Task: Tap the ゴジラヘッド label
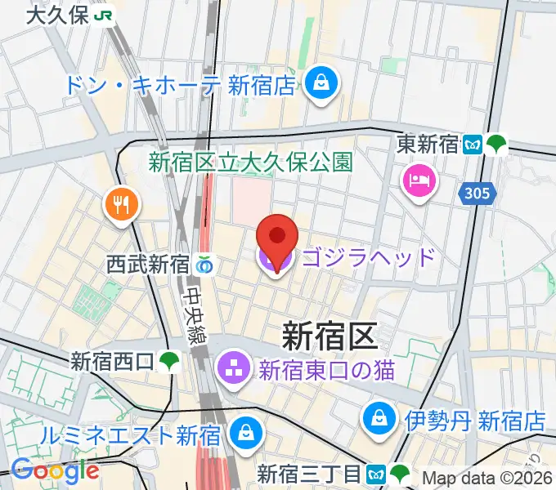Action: tap(369, 258)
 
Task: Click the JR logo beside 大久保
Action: tap(104, 15)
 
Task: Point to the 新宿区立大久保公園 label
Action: tap(250, 161)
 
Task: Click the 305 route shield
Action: tap(475, 193)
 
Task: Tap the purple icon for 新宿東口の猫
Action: tap(233, 370)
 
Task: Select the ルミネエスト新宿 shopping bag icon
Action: tap(244, 434)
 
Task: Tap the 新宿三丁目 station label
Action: tap(308, 474)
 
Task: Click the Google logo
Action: tap(55, 470)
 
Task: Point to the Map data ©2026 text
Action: tap(488, 478)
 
